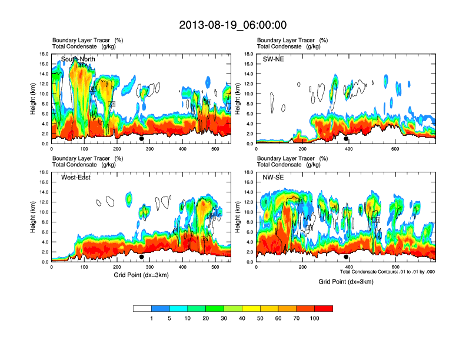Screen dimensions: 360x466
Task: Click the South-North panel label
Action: click(78, 59)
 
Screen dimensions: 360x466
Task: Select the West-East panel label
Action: click(76, 178)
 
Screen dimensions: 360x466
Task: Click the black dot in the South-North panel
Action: click(141, 139)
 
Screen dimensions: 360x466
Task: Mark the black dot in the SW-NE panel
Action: click(346, 139)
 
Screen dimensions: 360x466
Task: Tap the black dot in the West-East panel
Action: click(141, 257)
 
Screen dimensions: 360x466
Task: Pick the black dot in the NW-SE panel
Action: click(346, 257)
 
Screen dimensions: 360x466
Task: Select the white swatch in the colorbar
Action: click(142, 308)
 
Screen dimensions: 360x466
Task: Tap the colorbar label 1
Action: click(152, 318)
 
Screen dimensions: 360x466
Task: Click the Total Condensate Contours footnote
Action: click(387, 272)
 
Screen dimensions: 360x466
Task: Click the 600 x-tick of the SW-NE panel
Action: click(395, 149)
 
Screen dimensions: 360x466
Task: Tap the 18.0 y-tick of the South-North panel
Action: click(44, 54)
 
